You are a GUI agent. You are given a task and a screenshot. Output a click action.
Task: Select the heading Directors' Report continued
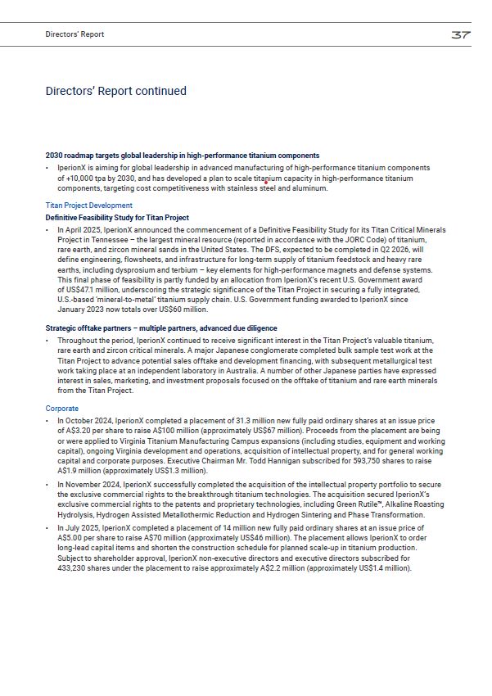[115, 91]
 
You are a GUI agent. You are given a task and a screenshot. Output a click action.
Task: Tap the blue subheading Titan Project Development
[88, 206]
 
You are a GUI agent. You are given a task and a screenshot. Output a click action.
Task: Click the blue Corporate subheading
[62, 408]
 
